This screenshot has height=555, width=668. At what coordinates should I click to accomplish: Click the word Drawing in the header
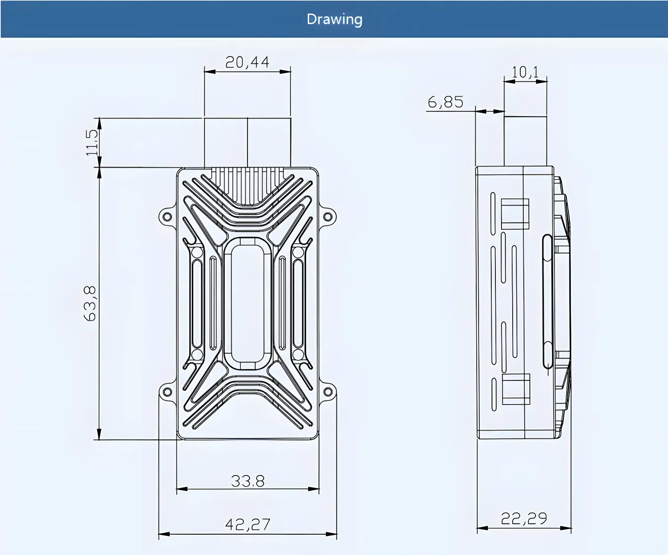(x=335, y=20)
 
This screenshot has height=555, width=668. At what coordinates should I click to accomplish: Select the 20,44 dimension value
(x=247, y=62)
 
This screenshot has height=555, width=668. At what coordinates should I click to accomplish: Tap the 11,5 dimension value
(x=92, y=142)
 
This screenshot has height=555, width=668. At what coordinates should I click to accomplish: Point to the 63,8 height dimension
(x=90, y=303)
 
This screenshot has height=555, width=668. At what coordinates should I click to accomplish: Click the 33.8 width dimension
(x=247, y=481)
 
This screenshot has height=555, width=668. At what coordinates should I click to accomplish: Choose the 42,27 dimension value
(x=247, y=524)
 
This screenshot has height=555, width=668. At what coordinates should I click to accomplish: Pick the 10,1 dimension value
(x=525, y=72)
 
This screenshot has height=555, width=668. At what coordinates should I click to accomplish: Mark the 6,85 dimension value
(x=445, y=102)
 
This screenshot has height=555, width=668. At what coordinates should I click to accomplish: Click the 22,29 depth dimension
(x=524, y=518)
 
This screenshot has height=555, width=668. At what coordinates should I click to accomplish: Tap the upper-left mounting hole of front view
(x=167, y=217)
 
